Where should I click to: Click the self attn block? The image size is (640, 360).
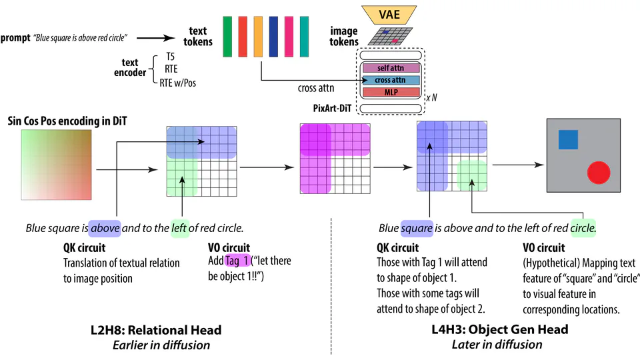[x=390, y=68]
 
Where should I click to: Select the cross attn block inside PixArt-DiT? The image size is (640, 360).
[x=390, y=80]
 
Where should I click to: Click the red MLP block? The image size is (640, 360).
[x=390, y=92]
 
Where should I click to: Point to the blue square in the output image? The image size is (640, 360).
[x=568, y=139]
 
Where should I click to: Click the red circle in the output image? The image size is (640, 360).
[x=599, y=173]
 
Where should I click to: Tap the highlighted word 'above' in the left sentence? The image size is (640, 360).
[x=105, y=228]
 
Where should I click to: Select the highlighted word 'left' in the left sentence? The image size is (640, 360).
[x=179, y=228]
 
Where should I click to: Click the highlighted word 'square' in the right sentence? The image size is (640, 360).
[x=417, y=228]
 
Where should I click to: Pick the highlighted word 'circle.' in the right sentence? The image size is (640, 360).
[x=583, y=228]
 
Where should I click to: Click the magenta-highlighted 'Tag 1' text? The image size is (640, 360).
[x=238, y=261]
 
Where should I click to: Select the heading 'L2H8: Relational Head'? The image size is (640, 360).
[x=155, y=330]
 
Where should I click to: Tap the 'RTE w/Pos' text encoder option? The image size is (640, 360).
[x=178, y=83]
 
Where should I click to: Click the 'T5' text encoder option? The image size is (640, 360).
[x=171, y=57]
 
